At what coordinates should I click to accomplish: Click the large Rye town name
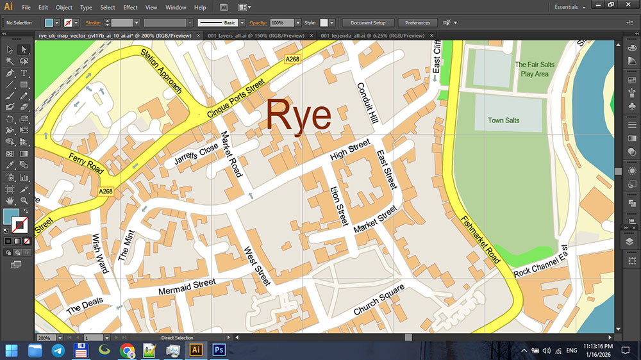298,117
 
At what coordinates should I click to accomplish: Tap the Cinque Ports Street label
236,98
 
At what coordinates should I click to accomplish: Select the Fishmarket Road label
480,240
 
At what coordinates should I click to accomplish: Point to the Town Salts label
503,120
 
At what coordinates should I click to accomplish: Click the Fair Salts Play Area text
535,69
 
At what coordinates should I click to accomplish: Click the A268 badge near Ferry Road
106,192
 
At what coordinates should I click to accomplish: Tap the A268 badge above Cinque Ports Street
293,59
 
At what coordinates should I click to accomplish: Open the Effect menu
130,8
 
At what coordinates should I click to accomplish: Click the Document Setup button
368,22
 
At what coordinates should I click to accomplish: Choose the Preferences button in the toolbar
417,22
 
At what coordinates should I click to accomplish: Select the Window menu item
176,8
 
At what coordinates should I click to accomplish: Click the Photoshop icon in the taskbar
219,350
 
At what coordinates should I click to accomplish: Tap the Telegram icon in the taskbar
58,350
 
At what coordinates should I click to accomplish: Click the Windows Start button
12,350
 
